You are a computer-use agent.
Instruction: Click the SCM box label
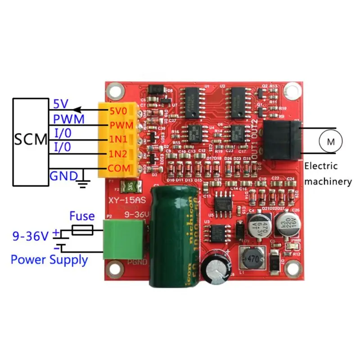pos(30,139)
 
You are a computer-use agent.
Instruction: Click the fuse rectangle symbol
pos(82,231)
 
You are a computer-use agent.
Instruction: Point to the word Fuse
pos(82,216)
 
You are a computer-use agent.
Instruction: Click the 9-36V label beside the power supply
pos(29,235)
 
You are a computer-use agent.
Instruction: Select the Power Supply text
pos(49,260)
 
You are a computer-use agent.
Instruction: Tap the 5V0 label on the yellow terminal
pos(119,110)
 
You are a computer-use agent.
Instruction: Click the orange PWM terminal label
pos(119,124)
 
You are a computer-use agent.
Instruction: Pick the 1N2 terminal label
pos(119,154)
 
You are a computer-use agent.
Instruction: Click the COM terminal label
pos(119,168)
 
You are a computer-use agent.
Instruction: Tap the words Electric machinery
pos(327,174)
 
